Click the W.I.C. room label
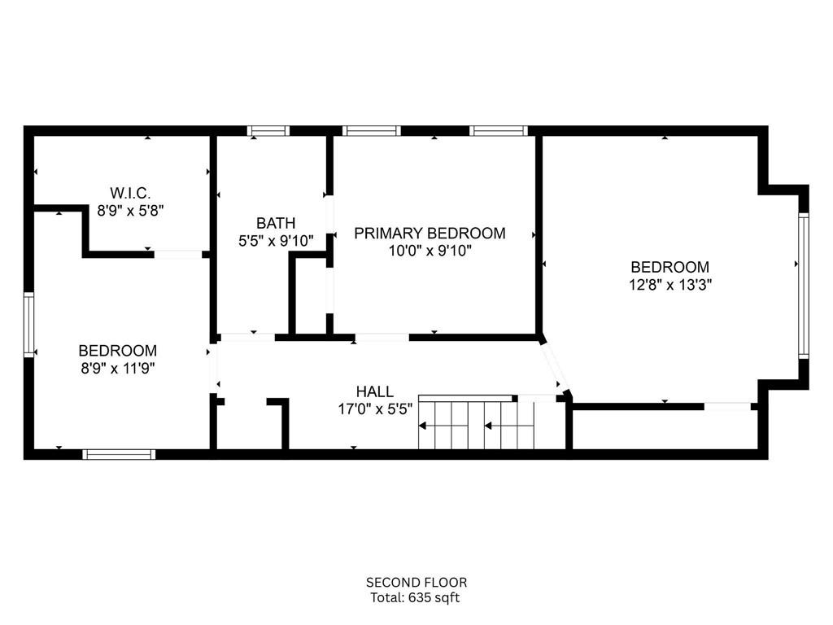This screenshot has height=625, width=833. [x=130, y=192]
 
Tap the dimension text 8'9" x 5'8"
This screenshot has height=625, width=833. [x=130, y=211]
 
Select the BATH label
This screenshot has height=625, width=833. [x=276, y=223]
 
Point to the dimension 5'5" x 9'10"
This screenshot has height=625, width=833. [x=276, y=241]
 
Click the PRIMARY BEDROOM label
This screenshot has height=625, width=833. [x=430, y=233]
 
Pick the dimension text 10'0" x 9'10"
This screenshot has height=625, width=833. [x=430, y=251]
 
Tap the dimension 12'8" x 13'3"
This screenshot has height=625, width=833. [x=670, y=285]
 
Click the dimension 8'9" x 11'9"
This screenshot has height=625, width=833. [x=117, y=369]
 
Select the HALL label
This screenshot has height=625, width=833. [x=374, y=391]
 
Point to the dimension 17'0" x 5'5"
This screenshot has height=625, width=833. [x=375, y=409]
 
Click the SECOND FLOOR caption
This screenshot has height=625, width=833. [x=416, y=583]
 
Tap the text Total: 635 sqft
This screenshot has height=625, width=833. [x=415, y=598]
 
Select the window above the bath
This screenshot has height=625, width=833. [x=268, y=131]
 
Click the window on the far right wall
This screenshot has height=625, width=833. [x=804, y=285]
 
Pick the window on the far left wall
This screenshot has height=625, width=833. [x=28, y=324]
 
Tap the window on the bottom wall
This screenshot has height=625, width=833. [x=119, y=454]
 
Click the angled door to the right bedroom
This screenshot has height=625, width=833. [x=553, y=368]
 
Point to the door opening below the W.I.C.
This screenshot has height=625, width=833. [x=178, y=255]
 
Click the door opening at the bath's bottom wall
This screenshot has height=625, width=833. [x=247, y=337]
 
